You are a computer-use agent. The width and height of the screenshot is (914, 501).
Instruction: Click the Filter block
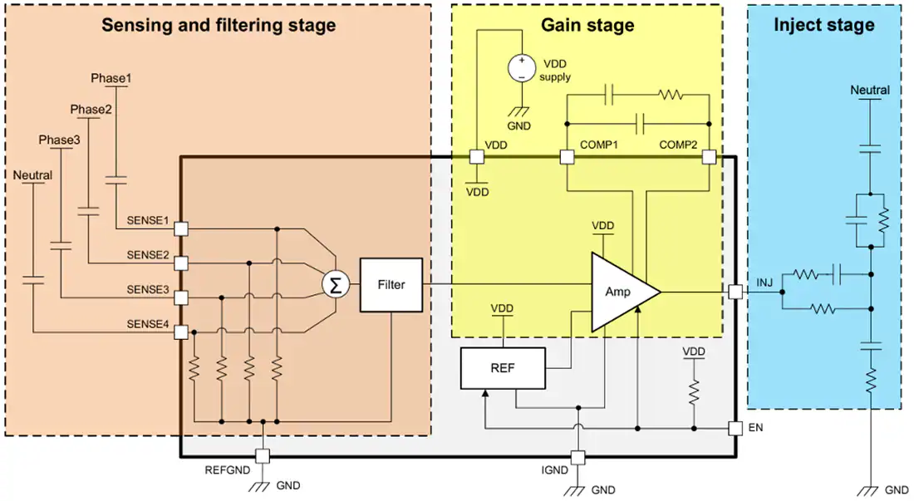(391, 285)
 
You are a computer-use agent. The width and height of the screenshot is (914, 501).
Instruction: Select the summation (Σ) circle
(335, 285)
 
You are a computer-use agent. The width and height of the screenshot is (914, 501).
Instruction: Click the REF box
(503, 368)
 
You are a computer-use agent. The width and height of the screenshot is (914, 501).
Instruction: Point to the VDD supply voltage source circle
(522, 68)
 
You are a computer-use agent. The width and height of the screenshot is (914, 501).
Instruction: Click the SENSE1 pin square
(181, 229)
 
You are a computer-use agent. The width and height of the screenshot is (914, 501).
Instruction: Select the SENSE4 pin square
(181, 332)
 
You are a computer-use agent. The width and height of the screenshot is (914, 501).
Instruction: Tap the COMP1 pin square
(567, 157)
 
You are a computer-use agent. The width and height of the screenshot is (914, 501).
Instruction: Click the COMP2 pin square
(709, 157)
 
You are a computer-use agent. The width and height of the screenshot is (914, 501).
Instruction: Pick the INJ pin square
(735, 292)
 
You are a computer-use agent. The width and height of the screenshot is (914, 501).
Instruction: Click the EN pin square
(735, 428)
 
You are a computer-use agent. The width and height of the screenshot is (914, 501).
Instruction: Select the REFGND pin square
(263, 456)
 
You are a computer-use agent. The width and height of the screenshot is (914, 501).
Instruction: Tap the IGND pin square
(577, 457)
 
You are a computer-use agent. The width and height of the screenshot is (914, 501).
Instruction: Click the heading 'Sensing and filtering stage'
(219, 26)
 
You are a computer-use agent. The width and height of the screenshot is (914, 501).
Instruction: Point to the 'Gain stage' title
(587, 25)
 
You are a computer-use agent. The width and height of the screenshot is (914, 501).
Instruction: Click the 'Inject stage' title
(824, 24)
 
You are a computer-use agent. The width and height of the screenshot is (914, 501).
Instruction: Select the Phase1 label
(111, 78)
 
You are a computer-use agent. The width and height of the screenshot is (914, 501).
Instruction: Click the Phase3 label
(60, 140)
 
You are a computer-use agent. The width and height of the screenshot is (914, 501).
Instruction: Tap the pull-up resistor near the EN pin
(694, 392)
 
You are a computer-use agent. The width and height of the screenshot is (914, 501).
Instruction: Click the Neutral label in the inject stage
(870, 90)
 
